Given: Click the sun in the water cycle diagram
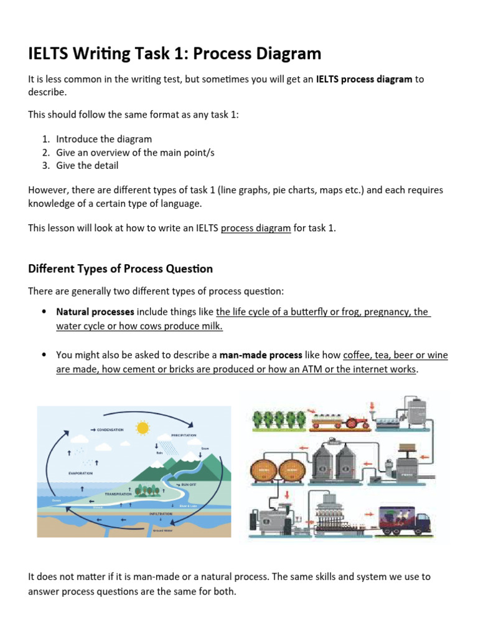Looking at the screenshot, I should click(144, 427).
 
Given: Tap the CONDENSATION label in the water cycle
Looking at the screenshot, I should click(110, 429).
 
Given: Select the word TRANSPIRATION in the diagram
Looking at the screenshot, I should click(118, 493).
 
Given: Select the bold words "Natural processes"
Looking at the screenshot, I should click(95, 312).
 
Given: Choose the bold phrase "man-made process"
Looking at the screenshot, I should click(261, 355).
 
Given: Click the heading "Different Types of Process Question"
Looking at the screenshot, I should click(120, 269).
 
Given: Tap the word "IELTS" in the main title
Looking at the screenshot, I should click(50, 54).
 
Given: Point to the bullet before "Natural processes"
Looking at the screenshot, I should click(43, 312).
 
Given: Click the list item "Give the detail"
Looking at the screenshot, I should click(87, 165).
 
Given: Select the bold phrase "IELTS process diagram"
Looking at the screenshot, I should click(364, 79).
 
